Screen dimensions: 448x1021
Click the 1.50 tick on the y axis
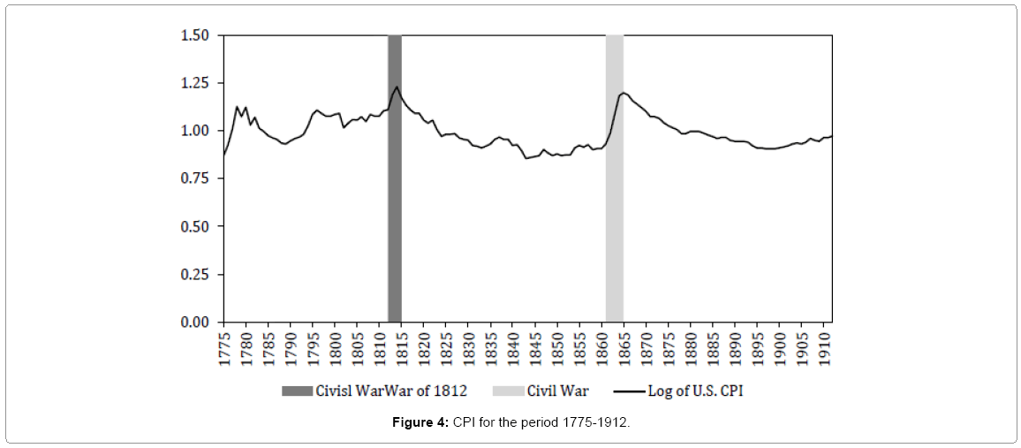[x=194, y=35]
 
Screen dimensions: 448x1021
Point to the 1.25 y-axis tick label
[x=194, y=83]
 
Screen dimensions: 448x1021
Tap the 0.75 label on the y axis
[x=194, y=178]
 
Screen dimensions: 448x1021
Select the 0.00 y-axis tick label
[x=194, y=323]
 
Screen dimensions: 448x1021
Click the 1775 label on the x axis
[x=224, y=346]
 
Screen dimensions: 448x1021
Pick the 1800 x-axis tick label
[x=336, y=346]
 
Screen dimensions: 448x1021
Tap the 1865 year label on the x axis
[x=624, y=346]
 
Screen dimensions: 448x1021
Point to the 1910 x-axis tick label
[x=823, y=346]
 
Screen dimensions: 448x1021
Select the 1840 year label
[x=513, y=346]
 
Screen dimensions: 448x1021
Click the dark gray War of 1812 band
[x=395, y=221]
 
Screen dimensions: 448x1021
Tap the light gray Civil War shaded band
[x=614, y=221]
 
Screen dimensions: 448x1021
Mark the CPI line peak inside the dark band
[x=397, y=87]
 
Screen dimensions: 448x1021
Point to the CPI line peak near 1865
[x=624, y=92]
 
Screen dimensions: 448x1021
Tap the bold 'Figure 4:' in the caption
[x=421, y=423]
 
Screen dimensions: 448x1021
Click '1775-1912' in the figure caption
[x=594, y=423]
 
